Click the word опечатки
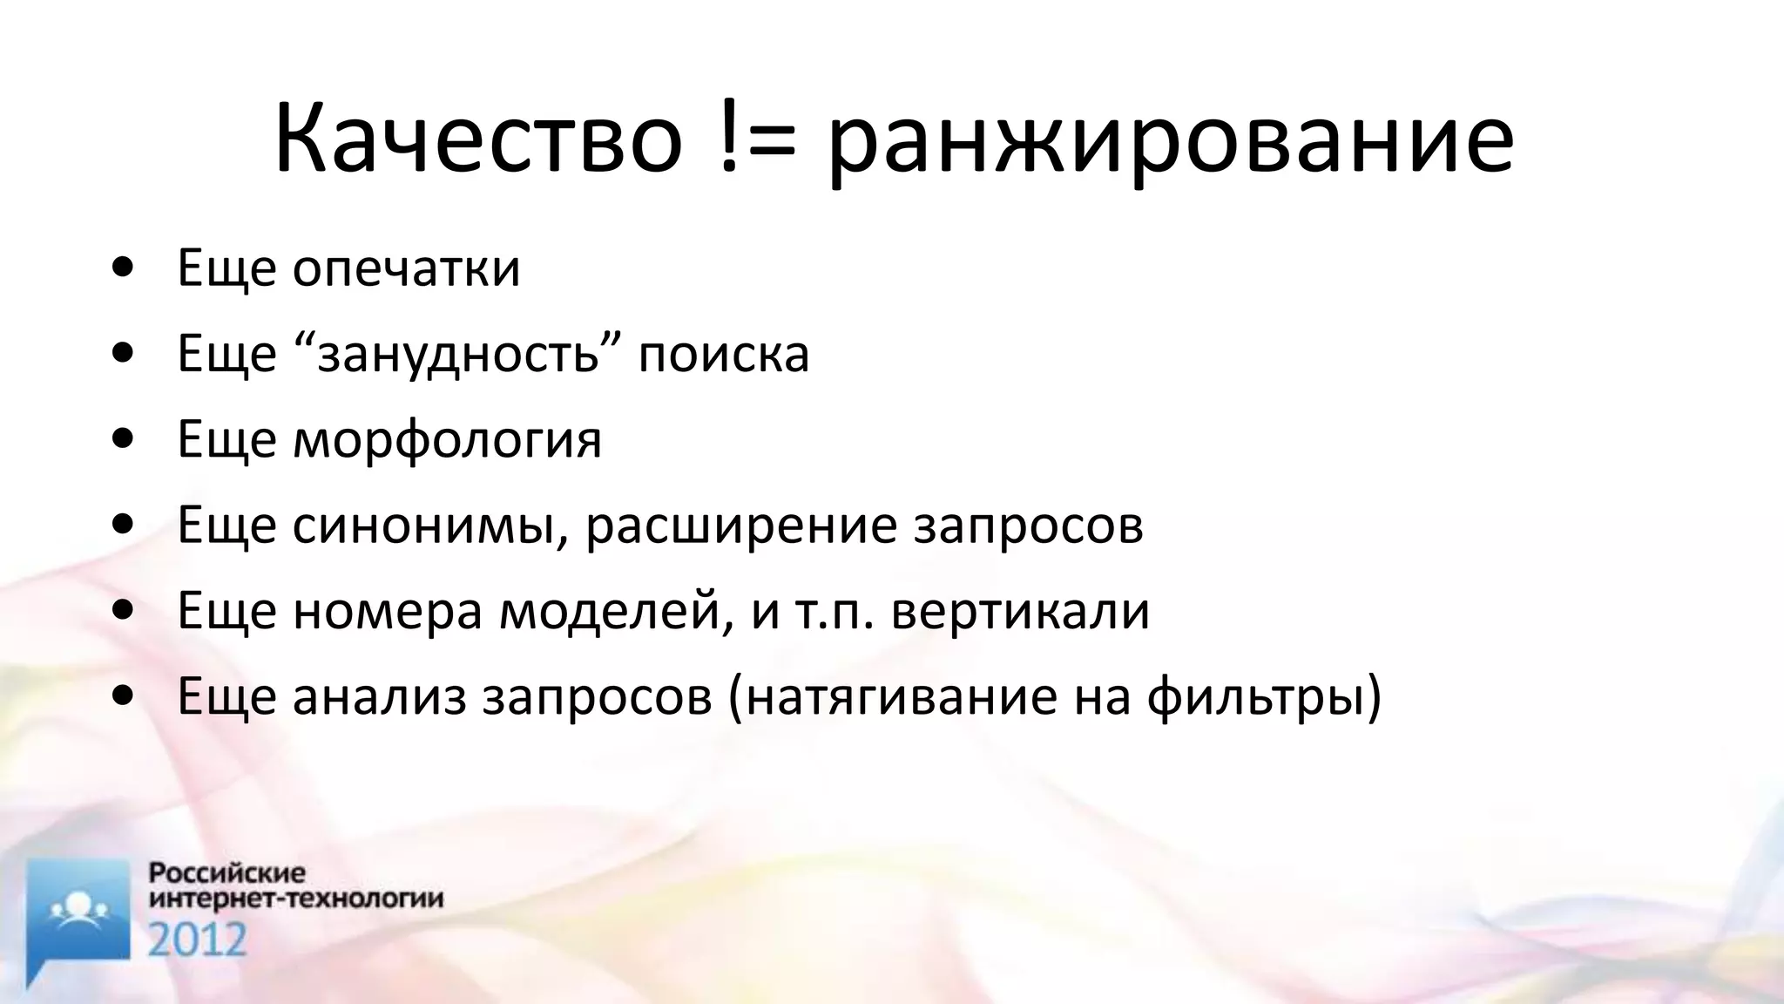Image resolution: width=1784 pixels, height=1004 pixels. pos(406,269)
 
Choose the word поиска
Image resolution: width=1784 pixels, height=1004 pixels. pos(724,355)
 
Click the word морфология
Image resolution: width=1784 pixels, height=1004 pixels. pos(447,440)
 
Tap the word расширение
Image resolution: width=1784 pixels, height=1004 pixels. pos(740,526)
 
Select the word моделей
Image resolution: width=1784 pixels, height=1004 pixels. pos(615,611)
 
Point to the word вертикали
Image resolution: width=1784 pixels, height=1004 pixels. pos(1021,611)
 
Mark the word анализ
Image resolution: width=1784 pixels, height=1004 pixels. pos(380,696)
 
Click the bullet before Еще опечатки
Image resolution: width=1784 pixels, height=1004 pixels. pos(124,268)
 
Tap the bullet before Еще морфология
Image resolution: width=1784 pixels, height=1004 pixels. pos(124,439)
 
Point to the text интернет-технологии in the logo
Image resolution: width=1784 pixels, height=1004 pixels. pos(296,899)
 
